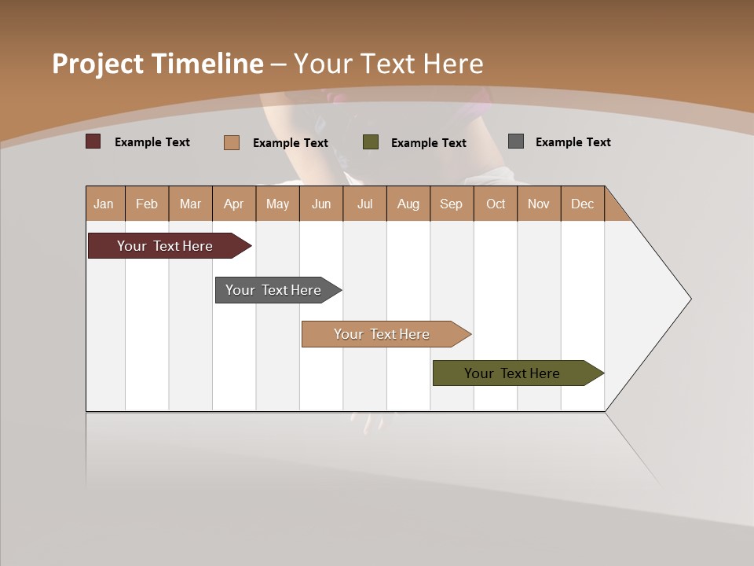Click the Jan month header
[x=104, y=204]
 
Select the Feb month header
[x=147, y=204]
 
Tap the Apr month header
[x=234, y=204]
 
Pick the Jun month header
[x=321, y=204]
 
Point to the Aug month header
[x=408, y=204]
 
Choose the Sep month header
[x=452, y=204]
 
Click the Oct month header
[x=496, y=204]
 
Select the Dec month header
[x=583, y=204]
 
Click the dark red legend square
[x=93, y=141]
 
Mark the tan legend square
[x=232, y=142]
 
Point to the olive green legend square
[x=371, y=142]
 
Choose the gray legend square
[x=516, y=141]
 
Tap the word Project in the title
[x=97, y=64]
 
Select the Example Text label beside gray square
[x=573, y=142]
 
